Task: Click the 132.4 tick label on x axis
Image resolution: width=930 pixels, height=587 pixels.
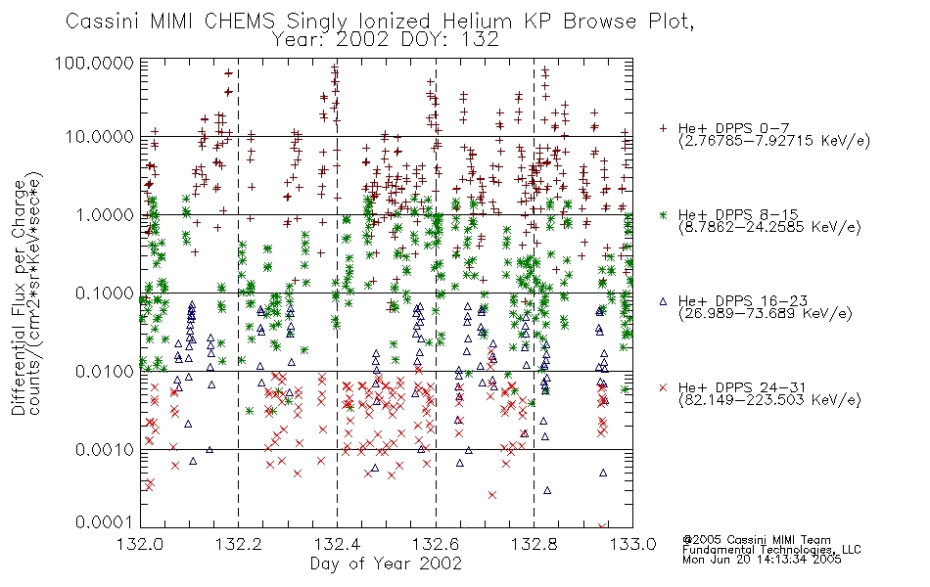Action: click(x=338, y=544)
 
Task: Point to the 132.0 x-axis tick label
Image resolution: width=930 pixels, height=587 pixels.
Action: click(x=141, y=544)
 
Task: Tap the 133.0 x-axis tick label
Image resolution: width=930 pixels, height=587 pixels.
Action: click(x=632, y=544)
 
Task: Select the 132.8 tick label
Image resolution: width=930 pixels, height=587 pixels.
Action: click(x=534, y=544)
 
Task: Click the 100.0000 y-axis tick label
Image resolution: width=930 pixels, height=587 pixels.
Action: click(x=94, y=63)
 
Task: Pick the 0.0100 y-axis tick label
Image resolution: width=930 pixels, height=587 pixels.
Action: click(x=104, y=372)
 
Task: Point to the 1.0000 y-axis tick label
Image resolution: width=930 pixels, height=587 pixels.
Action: click(x=104, y=214)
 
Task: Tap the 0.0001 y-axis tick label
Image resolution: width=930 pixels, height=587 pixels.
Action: click(x=104, y=522)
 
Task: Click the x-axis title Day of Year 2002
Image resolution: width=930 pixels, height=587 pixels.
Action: click(x=386, y=564)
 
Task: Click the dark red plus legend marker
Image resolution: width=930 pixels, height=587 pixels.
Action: click(x=663, y=128)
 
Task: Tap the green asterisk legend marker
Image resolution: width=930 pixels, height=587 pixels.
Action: click(x=663, y=214)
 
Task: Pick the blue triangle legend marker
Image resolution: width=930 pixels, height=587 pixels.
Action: click(x=663, y=301)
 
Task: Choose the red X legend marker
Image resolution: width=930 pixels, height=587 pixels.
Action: click(x=663, y=387)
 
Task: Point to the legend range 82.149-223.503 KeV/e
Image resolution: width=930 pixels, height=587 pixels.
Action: click(x=769, y=400)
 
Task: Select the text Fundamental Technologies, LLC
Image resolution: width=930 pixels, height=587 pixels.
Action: click(x=771, y=550)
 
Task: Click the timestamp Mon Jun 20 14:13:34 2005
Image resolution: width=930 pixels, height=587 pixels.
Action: click(x=762, y=560)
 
